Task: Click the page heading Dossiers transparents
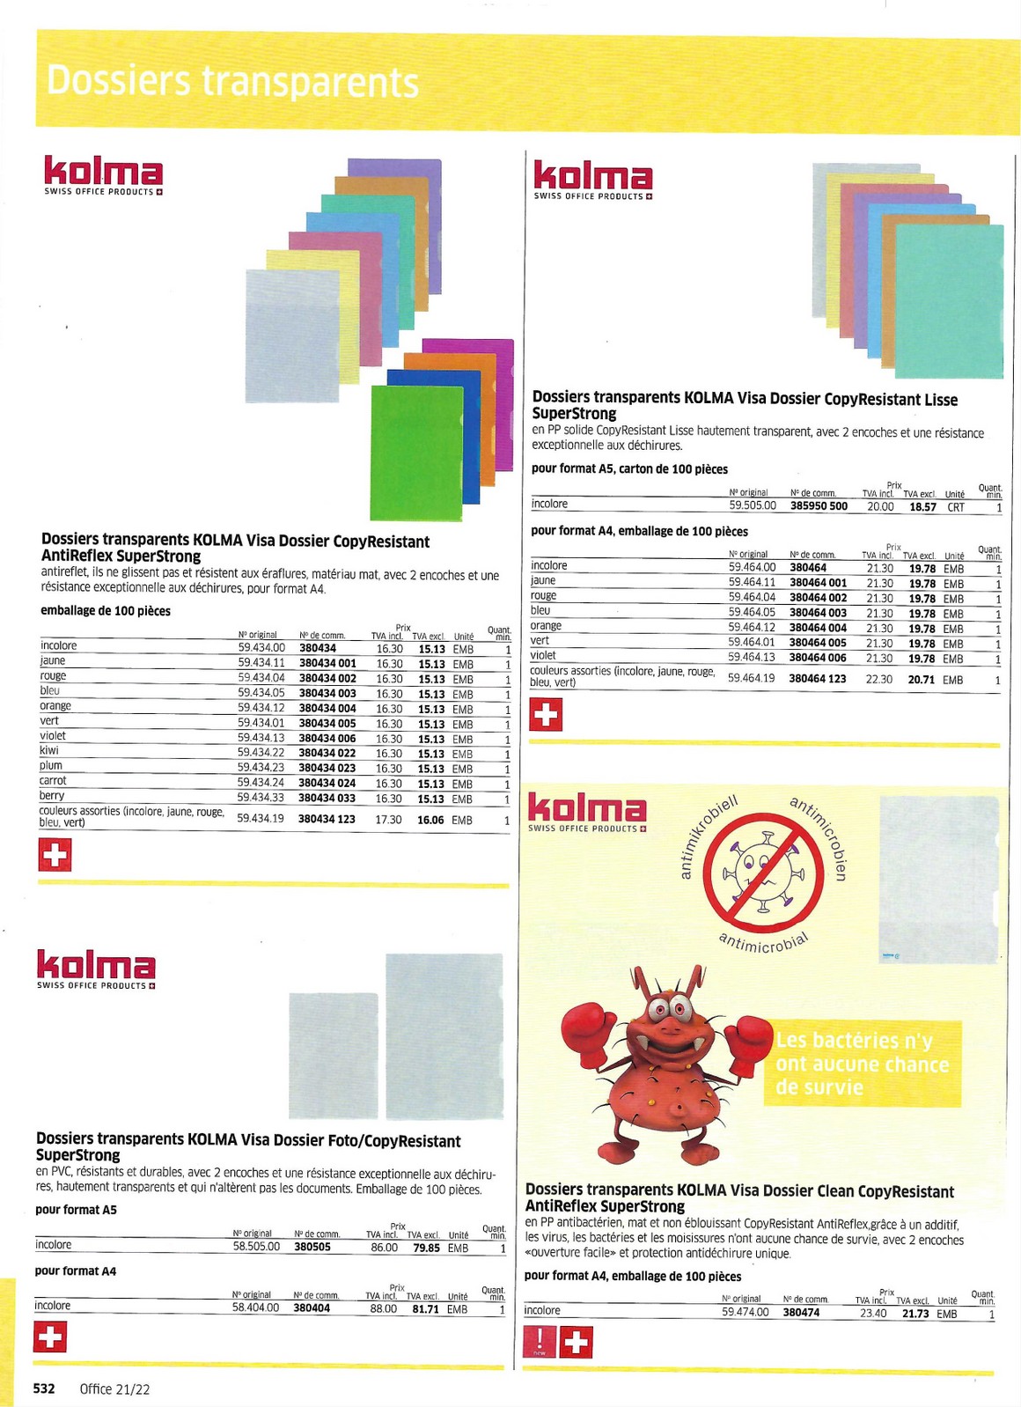[232, 81]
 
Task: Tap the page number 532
[44, 1389]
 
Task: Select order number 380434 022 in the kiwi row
[327, 754]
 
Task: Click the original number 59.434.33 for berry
[261, 798]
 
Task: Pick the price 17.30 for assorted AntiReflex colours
[388, 820]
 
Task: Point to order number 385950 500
[819, 506]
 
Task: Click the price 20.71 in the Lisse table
[922, 680]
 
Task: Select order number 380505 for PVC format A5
[312, 1248]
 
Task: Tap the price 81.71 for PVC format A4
[426, 1309]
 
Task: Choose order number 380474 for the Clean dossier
[801, 1313]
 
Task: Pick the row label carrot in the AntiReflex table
[53, 781]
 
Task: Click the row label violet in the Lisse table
[543, 656]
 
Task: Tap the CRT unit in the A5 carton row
[955, 507]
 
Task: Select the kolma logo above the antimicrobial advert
[587, 812]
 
